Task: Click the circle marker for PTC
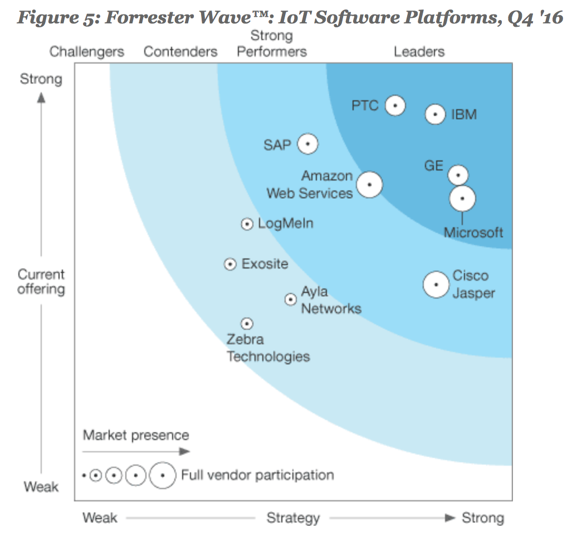pos(395,105)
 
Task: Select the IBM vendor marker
pos(435,115)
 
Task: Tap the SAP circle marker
pos(307,144)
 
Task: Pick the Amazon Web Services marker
pos(369,184)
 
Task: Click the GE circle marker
pos(458,175)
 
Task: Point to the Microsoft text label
pos(473,232)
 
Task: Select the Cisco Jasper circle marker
pos(436,285)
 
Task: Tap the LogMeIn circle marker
pos(247,224)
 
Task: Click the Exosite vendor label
pos(265,263)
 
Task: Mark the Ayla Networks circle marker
pos(290,299)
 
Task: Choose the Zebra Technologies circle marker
pos(247,323)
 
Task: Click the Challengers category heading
pos(87,52)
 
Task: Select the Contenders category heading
pos(180,52)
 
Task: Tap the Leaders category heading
pos(419,52)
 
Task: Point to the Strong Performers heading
pos(272,44)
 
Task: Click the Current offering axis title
pos(41,281)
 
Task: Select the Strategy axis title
pos(293,518)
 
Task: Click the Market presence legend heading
pos(136,435)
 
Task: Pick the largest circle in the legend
pos(162,475)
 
